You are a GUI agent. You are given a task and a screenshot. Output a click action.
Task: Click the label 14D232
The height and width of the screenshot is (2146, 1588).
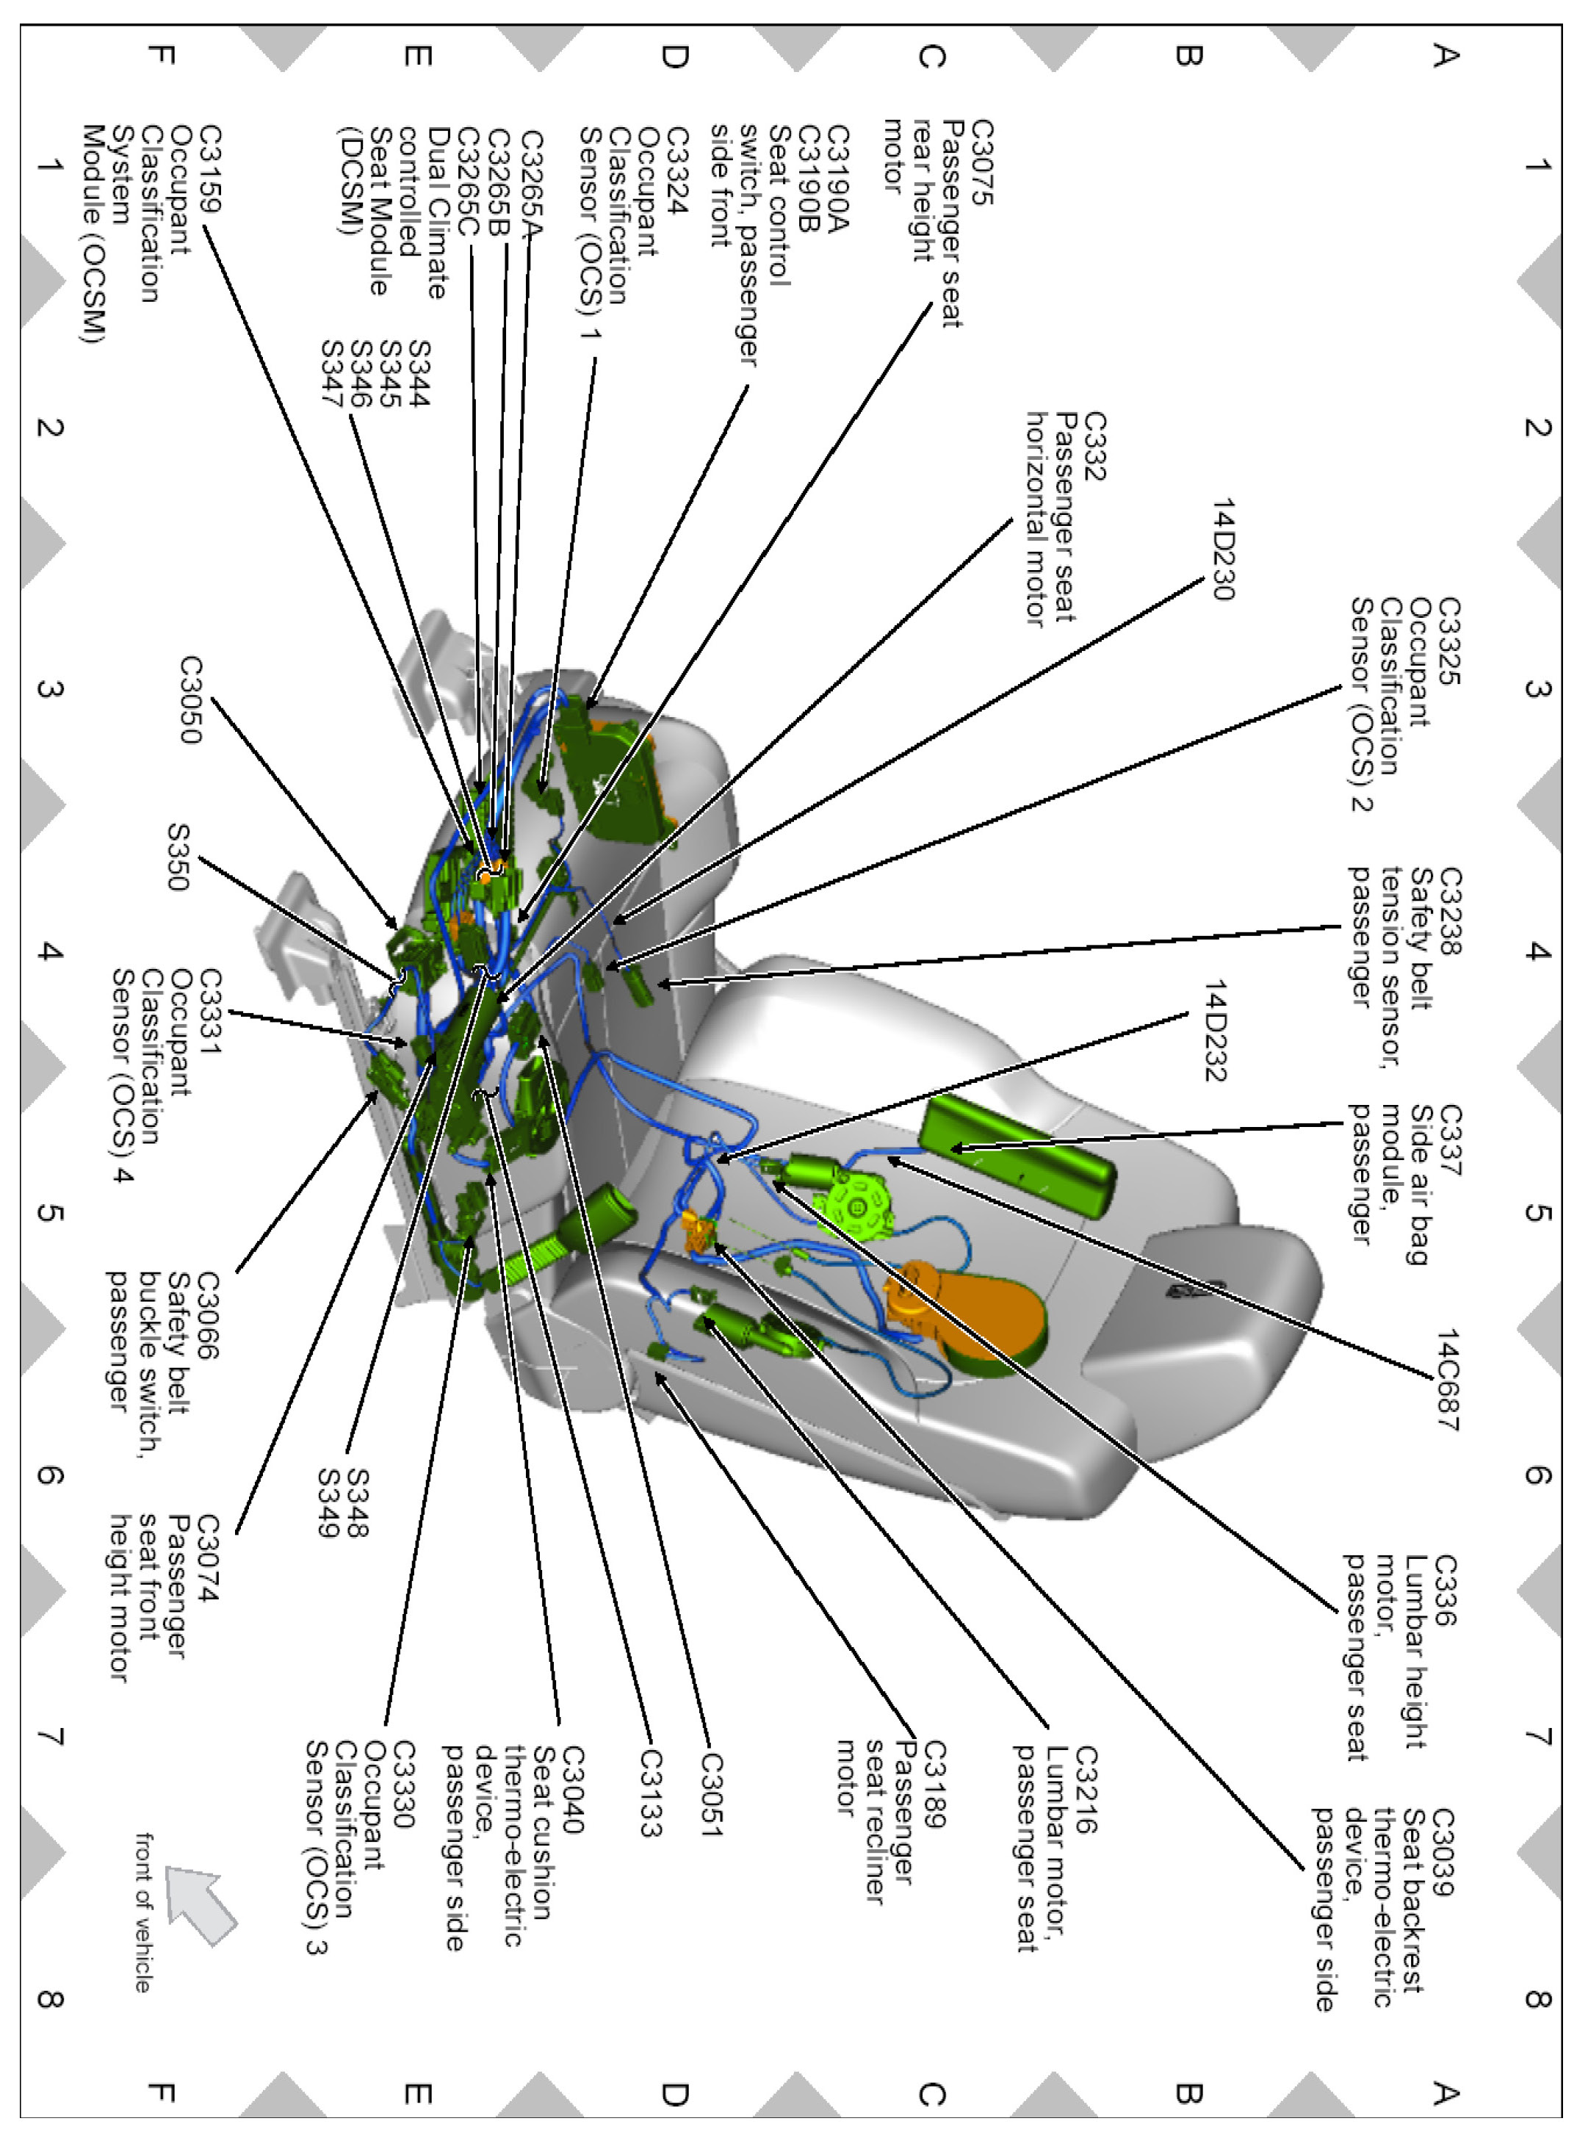pos(1217,1031)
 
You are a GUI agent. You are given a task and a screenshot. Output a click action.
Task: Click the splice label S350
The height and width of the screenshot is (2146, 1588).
pos(178,857)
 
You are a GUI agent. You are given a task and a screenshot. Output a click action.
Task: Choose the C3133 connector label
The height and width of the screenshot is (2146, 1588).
pos(651,1792)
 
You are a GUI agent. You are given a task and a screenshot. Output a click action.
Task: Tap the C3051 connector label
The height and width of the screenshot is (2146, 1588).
pos(710,1794)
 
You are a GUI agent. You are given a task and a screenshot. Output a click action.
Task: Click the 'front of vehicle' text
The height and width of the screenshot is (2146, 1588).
pos(143,1912)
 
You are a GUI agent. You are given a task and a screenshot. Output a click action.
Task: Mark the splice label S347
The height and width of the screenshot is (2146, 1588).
pos(332,374)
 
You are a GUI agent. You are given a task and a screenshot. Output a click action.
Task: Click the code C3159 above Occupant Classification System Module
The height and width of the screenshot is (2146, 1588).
pos(209,168)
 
